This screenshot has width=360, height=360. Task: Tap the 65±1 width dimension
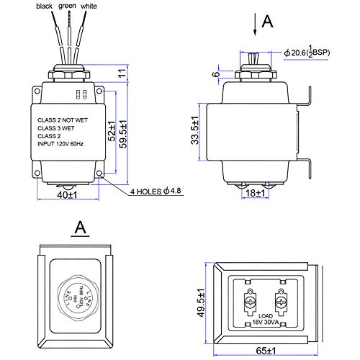(x=266, y=351)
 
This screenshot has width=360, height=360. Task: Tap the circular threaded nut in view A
(x=73, y=297)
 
